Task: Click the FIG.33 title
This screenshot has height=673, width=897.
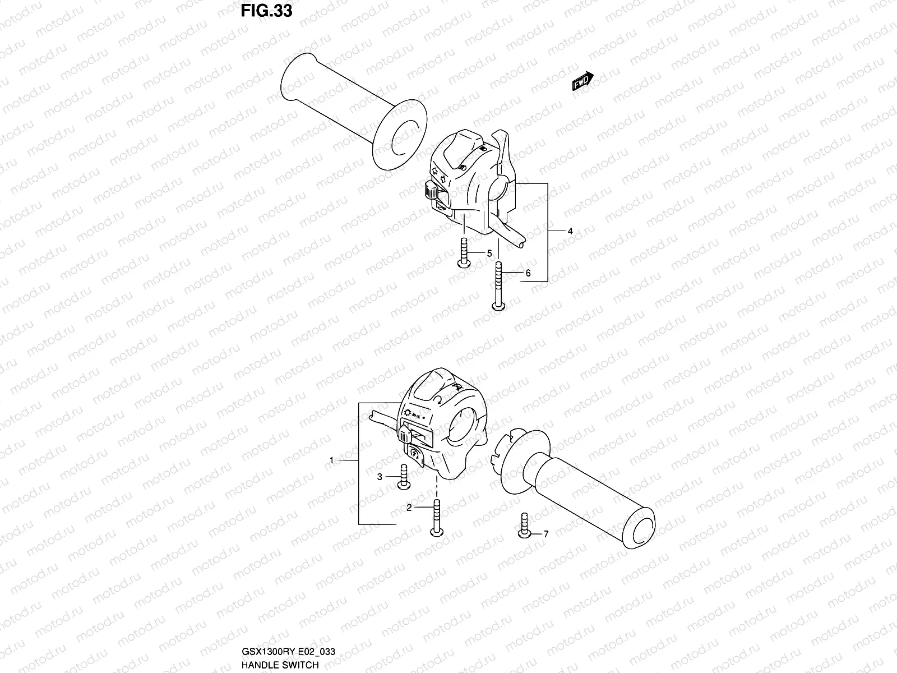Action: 266,11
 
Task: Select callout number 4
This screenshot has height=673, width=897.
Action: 570,231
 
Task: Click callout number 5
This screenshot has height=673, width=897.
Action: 489,253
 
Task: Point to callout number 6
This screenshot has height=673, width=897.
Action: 528,273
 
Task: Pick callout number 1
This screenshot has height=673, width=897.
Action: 331,460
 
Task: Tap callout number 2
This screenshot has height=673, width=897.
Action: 409,508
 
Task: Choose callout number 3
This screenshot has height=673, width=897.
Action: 380,477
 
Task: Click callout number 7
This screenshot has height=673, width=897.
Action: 545,534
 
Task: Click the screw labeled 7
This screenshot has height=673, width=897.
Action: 525,526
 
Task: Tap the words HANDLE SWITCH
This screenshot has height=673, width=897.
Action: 280,665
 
